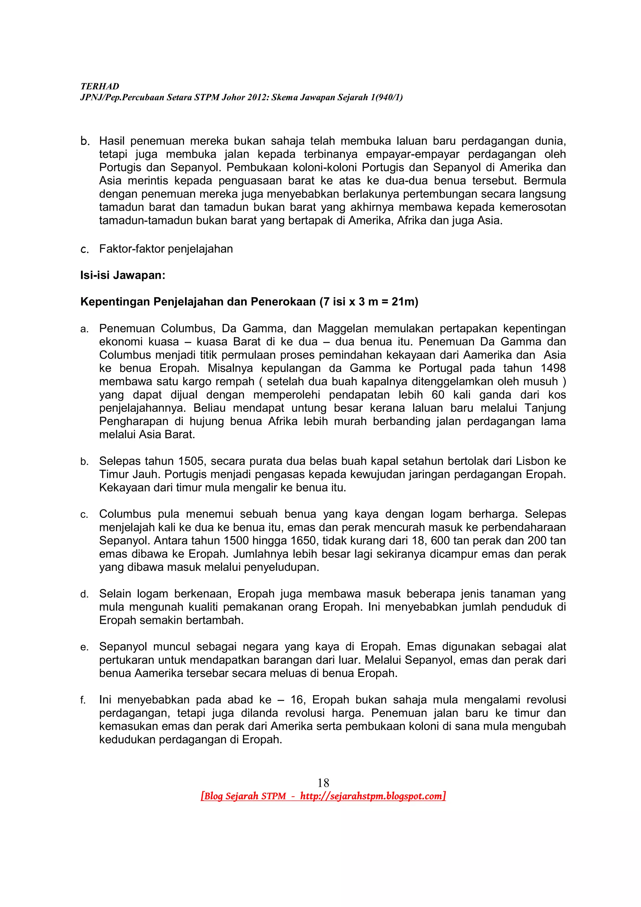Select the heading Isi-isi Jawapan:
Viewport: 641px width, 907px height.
coord(123,275)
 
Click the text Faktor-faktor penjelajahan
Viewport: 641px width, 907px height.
coord(166,249)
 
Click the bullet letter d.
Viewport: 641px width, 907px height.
coord(84,594)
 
